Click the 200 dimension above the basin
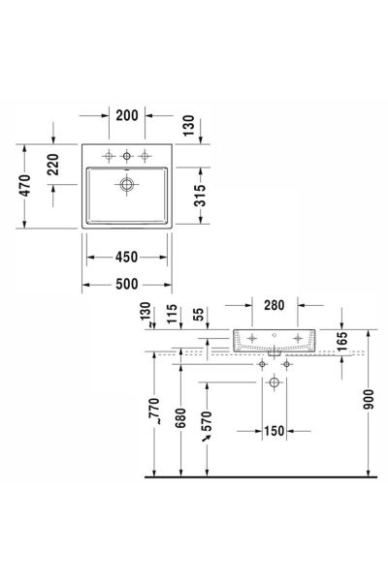point(127,115)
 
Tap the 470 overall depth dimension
point(25,186)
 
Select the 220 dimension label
point(53,165)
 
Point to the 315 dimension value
point(200,196)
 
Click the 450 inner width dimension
point(127,258)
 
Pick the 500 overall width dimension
point(127,284)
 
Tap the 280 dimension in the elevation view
point(275,305)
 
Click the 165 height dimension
point(342,341)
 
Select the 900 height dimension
point(369,399)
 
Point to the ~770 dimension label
point(154,411)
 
